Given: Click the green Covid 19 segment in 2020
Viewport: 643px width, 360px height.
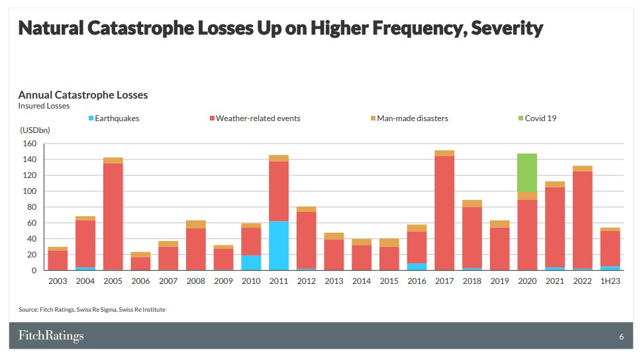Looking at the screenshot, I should click(x=527, y=173).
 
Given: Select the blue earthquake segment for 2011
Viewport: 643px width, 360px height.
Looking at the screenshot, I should click(x=279, y=246).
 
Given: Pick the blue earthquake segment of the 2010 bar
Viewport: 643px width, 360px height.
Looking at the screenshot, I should click(x=250, y=263).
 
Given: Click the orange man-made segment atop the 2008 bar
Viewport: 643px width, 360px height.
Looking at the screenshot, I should click(x=196, y=224).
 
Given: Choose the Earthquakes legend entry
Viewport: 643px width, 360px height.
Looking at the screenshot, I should click(x=113, y=118).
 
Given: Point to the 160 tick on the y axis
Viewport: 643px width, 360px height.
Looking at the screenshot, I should click(x=28, y=144).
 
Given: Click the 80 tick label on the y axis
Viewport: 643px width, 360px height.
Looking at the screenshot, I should click(x=30, y=207).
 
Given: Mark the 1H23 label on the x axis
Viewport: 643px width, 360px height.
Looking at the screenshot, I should click(x=610, y=281).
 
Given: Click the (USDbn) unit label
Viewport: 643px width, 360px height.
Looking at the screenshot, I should click(x=34, y=130).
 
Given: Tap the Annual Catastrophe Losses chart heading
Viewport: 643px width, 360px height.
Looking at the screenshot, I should click(x=83, y=95).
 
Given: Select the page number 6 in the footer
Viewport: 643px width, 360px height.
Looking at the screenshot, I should click(x=621, y=337).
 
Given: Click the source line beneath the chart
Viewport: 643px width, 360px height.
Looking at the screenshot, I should click(x=91, y=310).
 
